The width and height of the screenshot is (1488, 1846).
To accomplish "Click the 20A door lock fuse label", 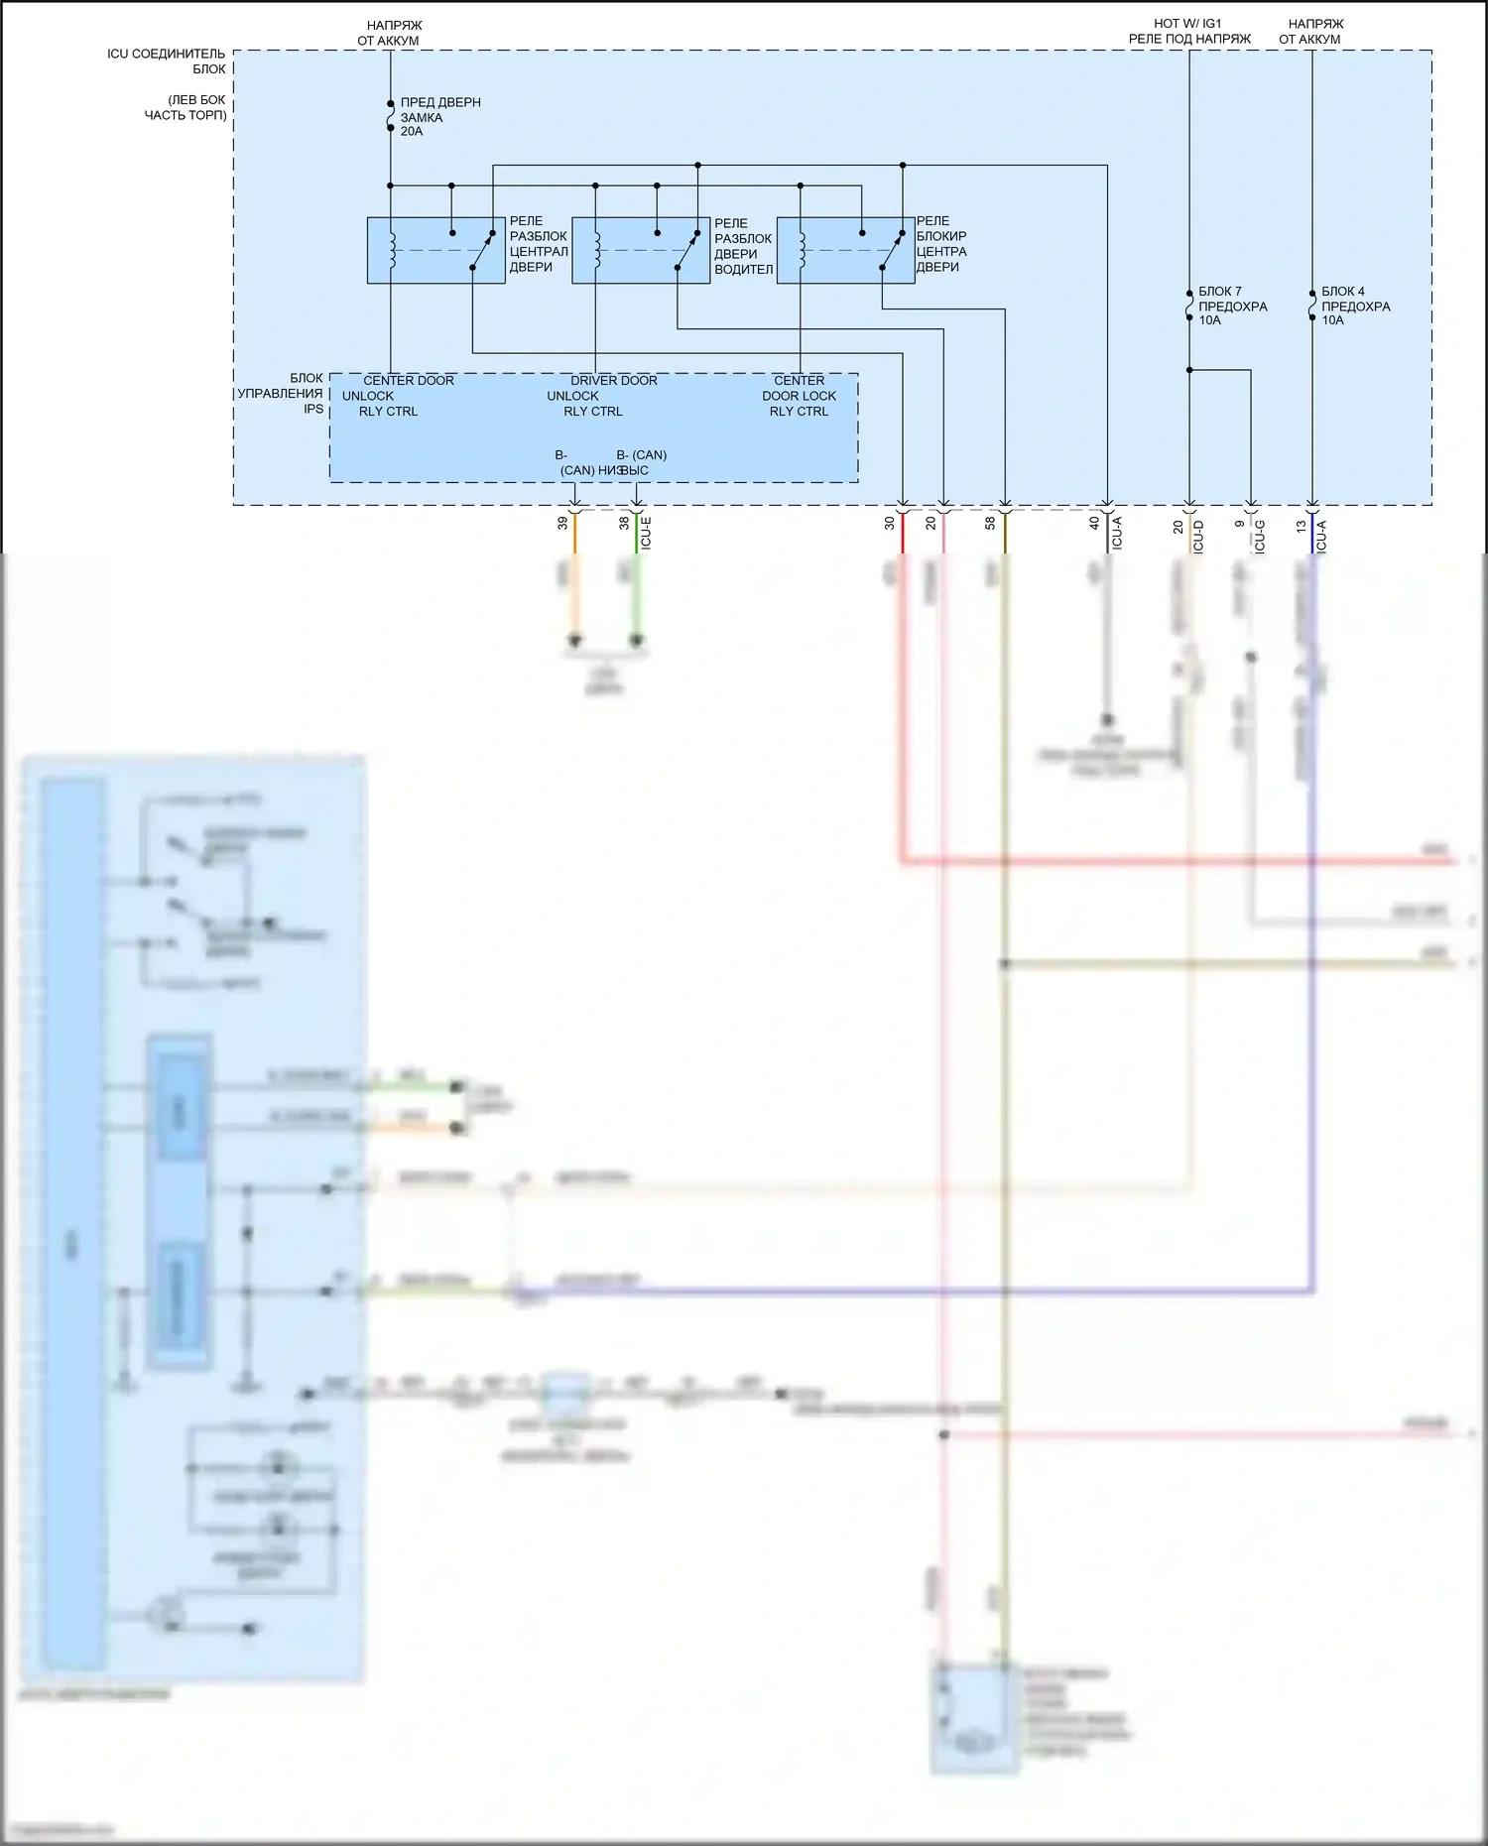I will [x=439, y=117].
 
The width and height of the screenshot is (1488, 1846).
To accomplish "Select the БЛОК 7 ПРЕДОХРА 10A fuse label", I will [x=1232, y=306].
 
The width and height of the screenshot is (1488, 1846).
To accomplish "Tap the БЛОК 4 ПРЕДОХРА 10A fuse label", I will [x=1355, y=306].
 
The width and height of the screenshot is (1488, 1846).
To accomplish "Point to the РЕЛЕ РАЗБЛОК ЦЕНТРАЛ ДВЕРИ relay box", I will [x=435, y=250].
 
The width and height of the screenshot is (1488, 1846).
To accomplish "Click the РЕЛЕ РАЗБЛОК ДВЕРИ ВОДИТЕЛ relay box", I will [x=641, y=250].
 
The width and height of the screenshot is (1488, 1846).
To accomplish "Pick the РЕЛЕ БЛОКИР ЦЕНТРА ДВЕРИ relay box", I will [x=845, y=250].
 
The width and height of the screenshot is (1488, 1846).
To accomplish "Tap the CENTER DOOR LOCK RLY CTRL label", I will [x=800, y=396].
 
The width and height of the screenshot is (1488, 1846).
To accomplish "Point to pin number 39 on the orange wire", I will [x=562, y=523].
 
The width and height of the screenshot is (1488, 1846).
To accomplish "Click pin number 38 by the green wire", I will [x=624, y=523].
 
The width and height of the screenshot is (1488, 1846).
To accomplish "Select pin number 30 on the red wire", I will [x=890, y=523].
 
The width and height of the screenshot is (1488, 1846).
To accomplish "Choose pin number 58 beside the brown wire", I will [x=990, y=523].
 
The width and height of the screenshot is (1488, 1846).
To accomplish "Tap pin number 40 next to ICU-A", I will [x=1094, y=523].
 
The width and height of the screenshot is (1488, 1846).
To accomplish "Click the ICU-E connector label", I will [x=647, y=533].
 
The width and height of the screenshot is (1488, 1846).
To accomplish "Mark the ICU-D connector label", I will [x=1198, y=536].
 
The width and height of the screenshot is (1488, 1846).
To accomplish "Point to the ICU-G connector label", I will [x=1260, y=536].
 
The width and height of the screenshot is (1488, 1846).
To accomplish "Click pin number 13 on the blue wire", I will [x=1301, y=527].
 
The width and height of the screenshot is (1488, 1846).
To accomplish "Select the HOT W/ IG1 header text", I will [x=1188, y=23].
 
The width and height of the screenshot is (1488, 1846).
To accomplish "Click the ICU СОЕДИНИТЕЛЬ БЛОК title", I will [x=167, y=61].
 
